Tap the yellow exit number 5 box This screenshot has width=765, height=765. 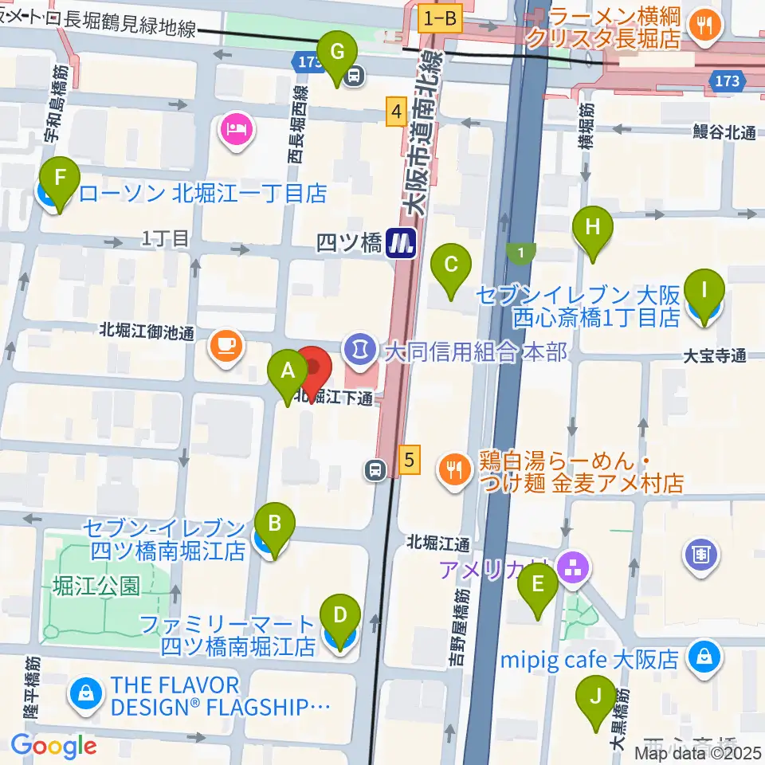tap(409, 459)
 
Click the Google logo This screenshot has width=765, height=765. tap(53, 746)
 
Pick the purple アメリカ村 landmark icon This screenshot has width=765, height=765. tap(574, 567)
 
